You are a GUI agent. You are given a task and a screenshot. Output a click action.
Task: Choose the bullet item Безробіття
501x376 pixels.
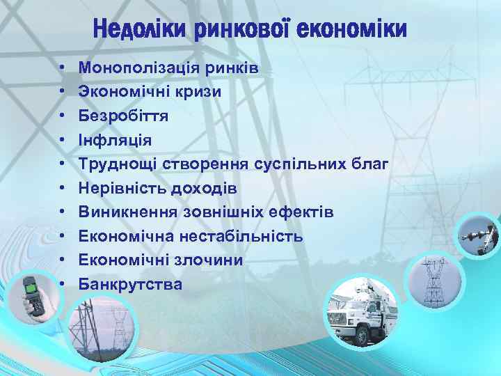(123, 116)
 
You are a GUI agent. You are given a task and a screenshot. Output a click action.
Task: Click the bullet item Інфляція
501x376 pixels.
(115, 140)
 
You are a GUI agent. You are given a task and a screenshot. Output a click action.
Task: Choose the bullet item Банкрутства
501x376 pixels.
(130, 284)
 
